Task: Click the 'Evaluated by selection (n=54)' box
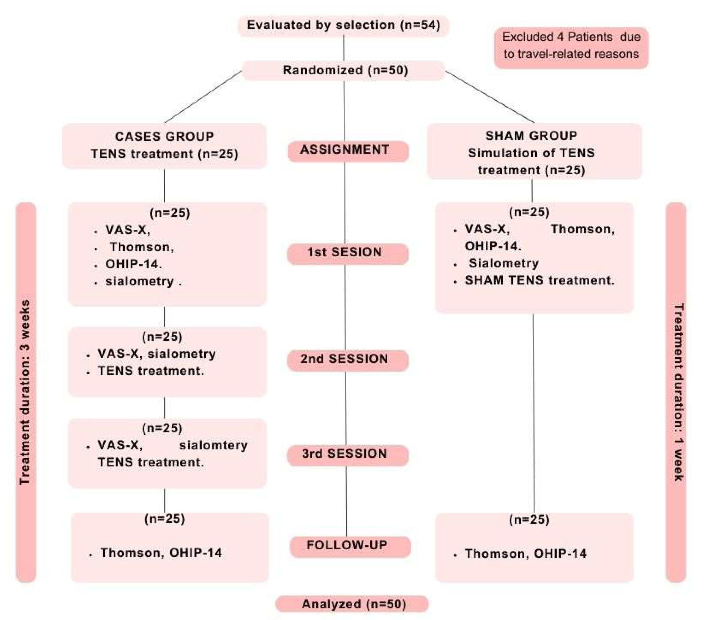pyautogui.click(x=343, y=25)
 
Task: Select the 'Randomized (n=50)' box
pyautogui.click(x=345, y=70)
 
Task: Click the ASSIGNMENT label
pyautogui.click(x=348, y=150)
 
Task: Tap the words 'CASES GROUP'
pyautogui.click(x=164, y=137)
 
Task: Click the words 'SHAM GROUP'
pyautogui.click(x=531, y=136)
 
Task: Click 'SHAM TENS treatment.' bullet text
pyautogui.click(x=540, y=280)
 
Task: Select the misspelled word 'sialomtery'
pyautogui.click(x=213, y=445)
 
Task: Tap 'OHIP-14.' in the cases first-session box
pyautogui.click(x=133, y=264)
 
